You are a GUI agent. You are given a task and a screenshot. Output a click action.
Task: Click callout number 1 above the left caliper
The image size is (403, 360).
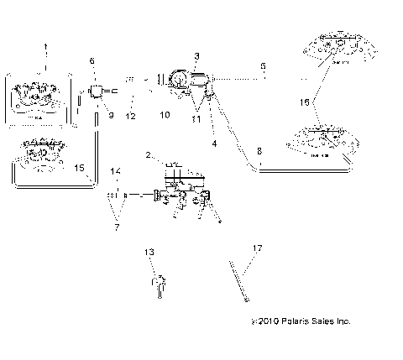click(x=45, y=46)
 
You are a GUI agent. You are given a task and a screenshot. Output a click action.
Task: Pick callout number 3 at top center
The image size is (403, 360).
click(x=196, y=56)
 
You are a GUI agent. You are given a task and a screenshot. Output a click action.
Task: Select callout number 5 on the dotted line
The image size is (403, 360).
click(x=263, y=64)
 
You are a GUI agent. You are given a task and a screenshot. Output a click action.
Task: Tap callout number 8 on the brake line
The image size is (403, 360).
click(x=259, y=151)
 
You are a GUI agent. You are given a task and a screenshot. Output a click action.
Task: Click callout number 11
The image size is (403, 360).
click(x=196, y=118)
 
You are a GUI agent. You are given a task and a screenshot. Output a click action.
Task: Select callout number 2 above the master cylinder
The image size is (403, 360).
click(x=149, y=156)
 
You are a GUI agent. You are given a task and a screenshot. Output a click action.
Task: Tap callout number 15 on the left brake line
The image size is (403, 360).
click(x=79, y=169)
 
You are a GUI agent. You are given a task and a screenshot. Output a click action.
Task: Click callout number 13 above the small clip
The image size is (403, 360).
click(x=149, y=251)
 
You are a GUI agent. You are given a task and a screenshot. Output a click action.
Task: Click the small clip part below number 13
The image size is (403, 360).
click(x=156, y=285)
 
